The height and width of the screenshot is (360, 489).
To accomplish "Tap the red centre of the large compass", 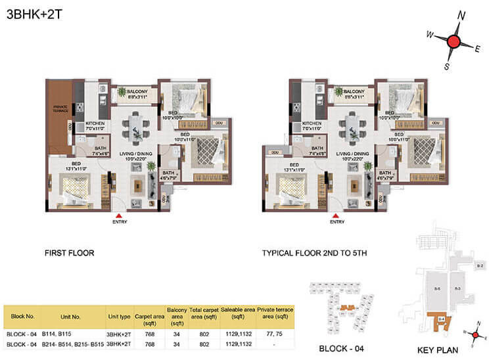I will (453, 42).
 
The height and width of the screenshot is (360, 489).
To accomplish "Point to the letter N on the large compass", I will (462, 15).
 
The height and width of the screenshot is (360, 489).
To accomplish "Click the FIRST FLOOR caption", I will (70, 252).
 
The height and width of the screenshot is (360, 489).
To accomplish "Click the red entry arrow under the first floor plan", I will (118, 215).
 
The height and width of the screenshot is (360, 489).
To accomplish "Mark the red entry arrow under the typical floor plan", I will (337, 215).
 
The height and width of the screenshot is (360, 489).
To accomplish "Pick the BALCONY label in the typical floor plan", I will (354, 91).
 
